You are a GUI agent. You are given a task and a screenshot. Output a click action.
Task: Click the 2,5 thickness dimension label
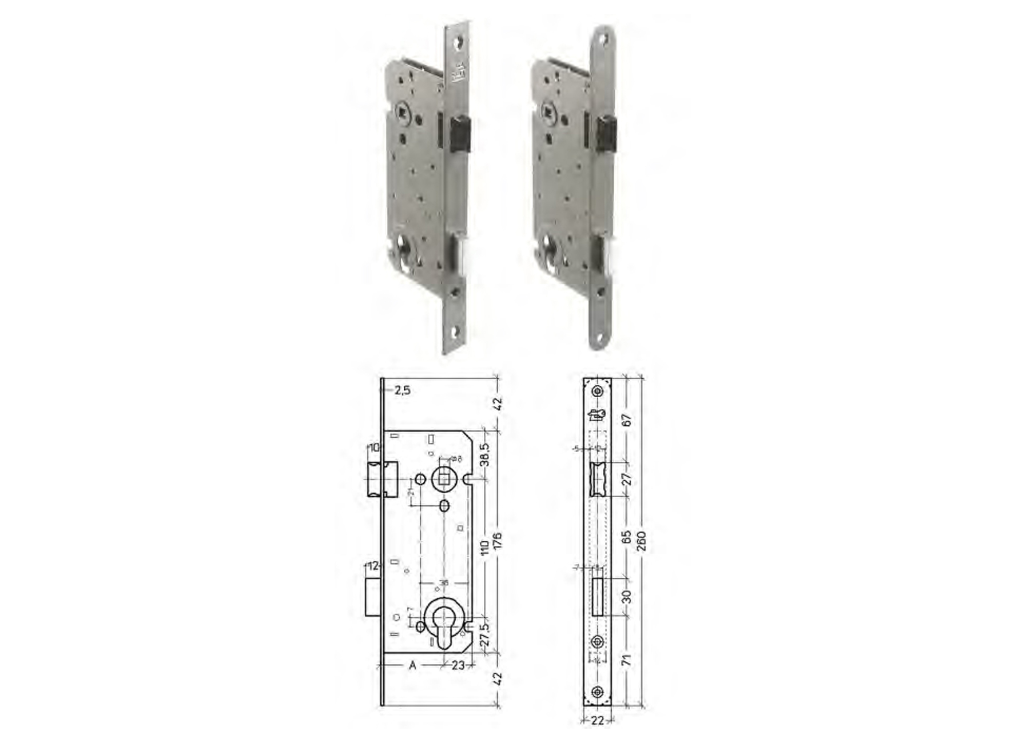click(403, 390)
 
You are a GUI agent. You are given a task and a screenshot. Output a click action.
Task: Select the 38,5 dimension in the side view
click(484, 454)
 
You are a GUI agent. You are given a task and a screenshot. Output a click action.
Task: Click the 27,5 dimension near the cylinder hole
click(484, 634)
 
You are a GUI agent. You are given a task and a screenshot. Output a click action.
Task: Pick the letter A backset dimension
click(412, 665)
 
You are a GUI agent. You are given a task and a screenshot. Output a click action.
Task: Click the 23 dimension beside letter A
click(458, 665)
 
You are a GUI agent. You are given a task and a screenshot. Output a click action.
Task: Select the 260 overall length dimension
click(641, 541)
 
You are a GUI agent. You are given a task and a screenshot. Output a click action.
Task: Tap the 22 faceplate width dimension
click(597, 721)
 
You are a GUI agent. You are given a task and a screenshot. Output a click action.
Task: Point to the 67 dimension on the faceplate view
click(627, 420)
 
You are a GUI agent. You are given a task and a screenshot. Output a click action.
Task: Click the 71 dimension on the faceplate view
click(627, 660)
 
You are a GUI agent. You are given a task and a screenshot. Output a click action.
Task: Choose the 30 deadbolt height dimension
click(627, 597)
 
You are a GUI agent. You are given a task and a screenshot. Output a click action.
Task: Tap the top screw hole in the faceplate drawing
click(597, 391)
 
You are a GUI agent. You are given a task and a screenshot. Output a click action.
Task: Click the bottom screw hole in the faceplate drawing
click(597, 692)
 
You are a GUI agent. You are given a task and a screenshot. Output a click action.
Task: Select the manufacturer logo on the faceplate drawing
click(596, 415)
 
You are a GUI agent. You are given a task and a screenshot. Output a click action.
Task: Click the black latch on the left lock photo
click(460, 135)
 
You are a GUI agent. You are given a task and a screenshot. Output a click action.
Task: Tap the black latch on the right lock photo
click(606, 134)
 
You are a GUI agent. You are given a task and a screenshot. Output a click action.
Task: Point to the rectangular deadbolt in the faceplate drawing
click(597, 597)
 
